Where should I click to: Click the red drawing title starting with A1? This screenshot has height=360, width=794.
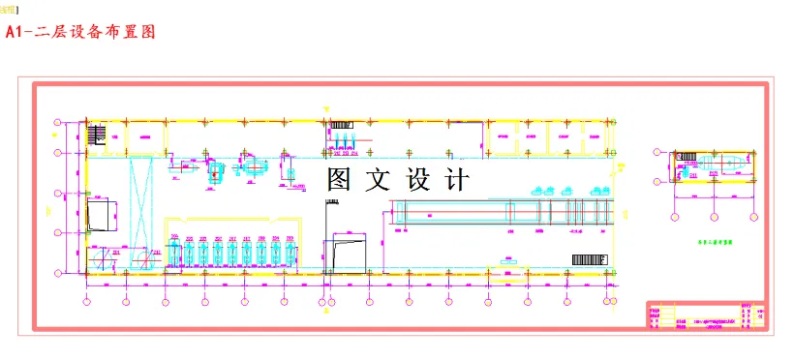click(x=80, y=32)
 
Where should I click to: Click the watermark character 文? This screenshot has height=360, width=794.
click(x=378, y=180)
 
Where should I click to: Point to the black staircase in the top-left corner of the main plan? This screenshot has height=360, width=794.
click(x=97, y=135)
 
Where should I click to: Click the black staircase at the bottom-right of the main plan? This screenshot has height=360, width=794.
click(x=588, y=259)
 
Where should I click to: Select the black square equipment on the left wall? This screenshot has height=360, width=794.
click(x=100, y=215)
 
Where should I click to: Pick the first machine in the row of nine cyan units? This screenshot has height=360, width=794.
click(x=175, y=252)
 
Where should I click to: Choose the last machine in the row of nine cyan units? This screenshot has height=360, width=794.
click(x=289, y=252)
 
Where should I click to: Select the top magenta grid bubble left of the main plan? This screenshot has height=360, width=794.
click(x=58, y=122)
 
